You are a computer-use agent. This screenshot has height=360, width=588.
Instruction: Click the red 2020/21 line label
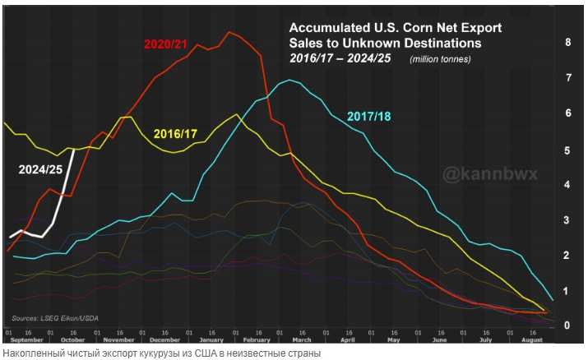coord(172,43)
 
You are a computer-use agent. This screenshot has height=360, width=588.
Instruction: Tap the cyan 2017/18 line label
coord(369,116)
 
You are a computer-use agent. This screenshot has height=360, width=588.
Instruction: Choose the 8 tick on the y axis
coord(567,42)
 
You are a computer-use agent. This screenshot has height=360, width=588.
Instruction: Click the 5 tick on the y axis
coord(567,150)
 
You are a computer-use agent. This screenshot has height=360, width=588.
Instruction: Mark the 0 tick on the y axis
coord(567,325)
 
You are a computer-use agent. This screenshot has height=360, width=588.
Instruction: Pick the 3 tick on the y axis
coord(567,220)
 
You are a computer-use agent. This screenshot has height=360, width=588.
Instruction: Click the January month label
coord(212,339)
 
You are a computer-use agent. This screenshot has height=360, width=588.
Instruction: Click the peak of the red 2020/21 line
coord(229,32)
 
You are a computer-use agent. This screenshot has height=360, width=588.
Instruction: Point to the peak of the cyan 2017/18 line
coord(289,81)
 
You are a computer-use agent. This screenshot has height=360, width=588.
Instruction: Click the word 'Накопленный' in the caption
coord(30,353)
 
